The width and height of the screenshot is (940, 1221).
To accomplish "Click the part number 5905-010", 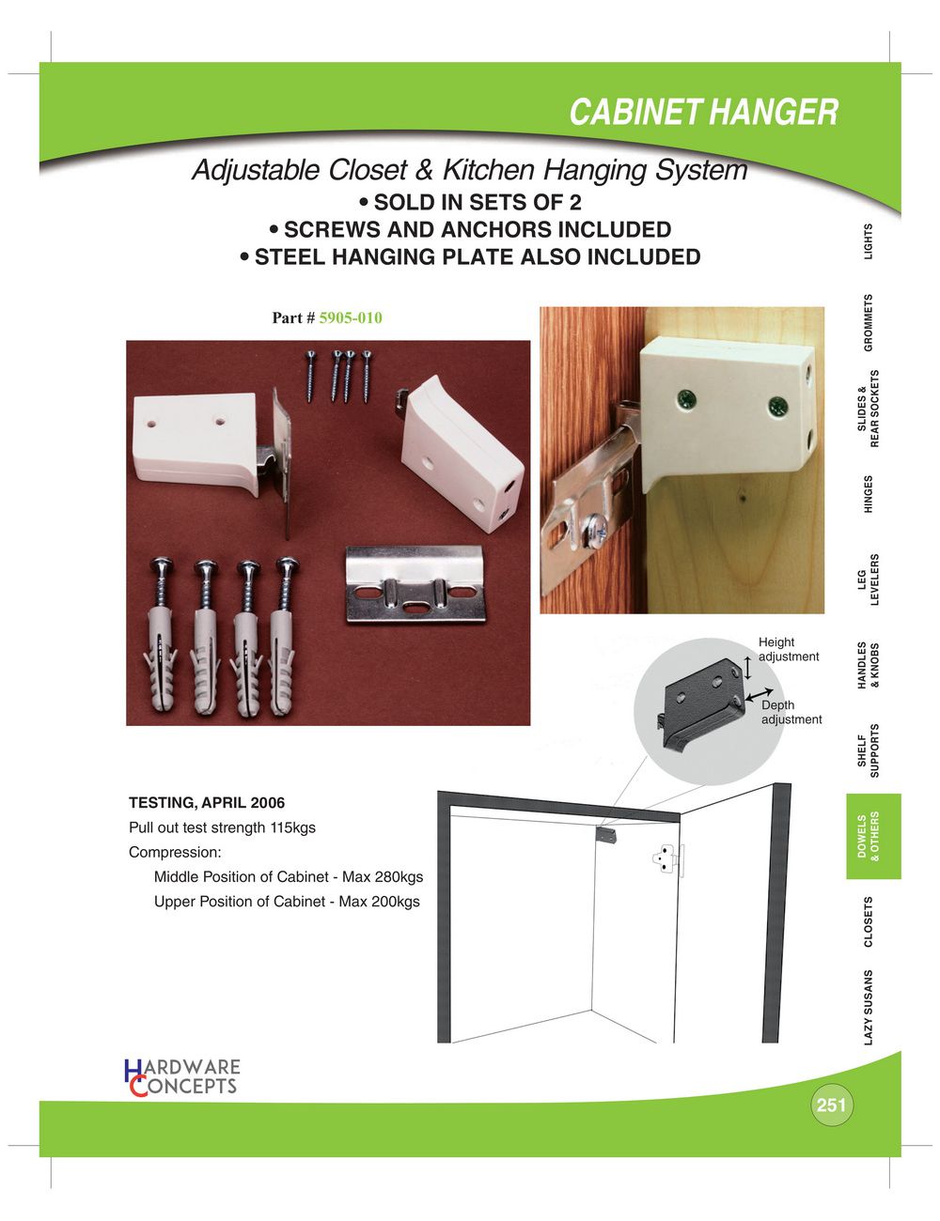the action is [x=351, y=318].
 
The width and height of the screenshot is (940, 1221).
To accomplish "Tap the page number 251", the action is [x=831, y=1105].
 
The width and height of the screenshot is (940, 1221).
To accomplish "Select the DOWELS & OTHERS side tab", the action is [x=873, y=837].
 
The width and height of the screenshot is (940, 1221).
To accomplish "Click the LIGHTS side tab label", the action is [x=869, y=241].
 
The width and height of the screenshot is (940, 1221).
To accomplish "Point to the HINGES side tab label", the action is [x=869, y=494].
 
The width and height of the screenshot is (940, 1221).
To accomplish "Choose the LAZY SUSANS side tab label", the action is [x=869, y=1008].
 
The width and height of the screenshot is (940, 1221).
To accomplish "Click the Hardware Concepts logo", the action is [x=181, y=1077].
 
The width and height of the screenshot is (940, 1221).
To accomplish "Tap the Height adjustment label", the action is [x=789, y=649].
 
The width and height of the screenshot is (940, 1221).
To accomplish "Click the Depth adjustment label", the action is [x=791, y=712].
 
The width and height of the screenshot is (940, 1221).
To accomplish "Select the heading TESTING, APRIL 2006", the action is [x=207, y=802].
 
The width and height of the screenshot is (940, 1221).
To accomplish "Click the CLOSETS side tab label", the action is [x=869, y=922].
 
